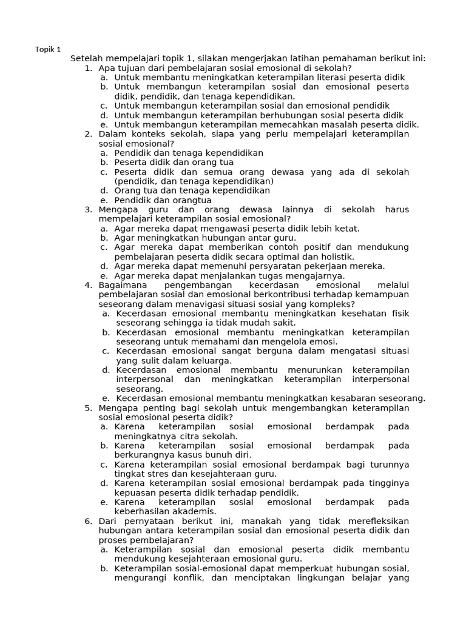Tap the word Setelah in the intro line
(87, 59)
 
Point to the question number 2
(88, 135)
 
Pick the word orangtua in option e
(193, 200)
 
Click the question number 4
(88, 285)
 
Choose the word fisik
(398, 314)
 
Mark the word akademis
(195, 511)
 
